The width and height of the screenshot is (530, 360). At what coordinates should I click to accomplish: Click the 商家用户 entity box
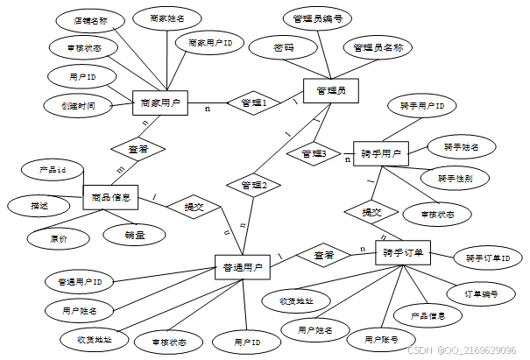(x=160, y=103)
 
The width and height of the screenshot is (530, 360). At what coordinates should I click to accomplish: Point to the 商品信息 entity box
(x=110, y=198)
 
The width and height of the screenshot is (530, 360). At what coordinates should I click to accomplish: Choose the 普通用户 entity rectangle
(x=241, y=265)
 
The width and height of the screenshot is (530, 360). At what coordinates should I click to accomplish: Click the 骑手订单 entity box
(x=403, y=252)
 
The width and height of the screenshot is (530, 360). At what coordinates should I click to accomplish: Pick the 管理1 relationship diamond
(x=253, y=102)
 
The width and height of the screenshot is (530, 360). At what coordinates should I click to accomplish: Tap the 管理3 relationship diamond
(x=313, y=154)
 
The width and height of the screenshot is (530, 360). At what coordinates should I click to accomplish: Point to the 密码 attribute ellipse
(x=284, y=48)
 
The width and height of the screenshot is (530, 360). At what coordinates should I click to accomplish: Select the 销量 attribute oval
(x=135, y=234)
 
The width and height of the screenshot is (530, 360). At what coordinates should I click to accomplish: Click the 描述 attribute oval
(x=39, y=207)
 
